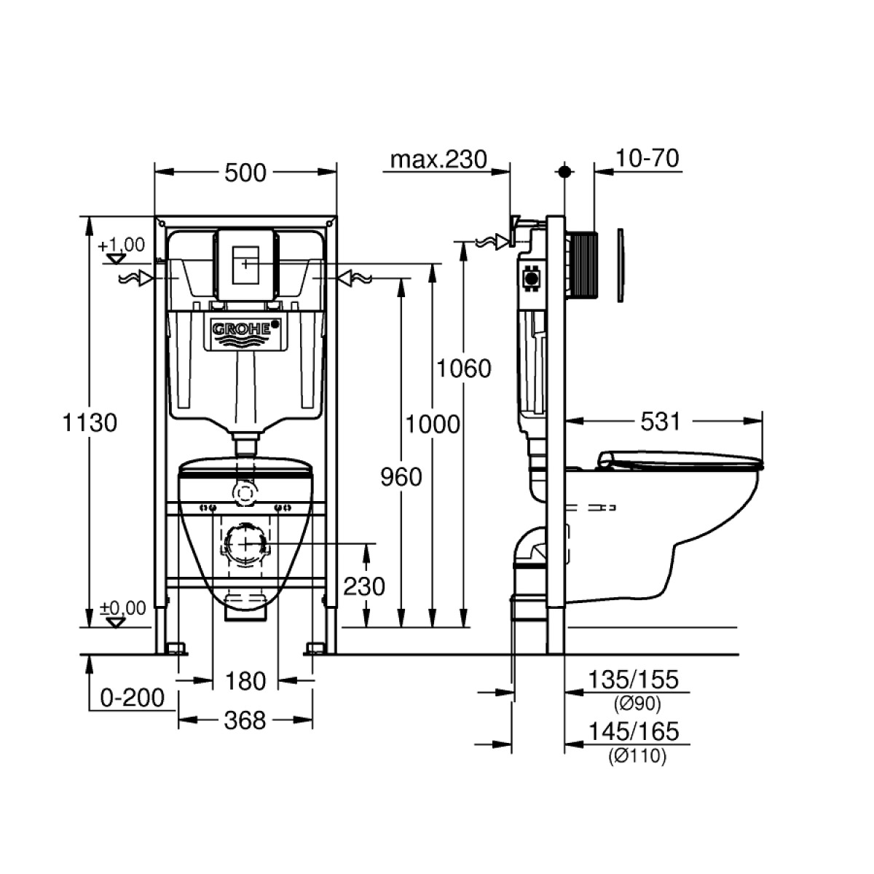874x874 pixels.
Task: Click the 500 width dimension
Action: pyautogui.click(x=245, y=173)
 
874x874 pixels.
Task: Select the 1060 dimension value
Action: pyautogui.click(x=463, y=369)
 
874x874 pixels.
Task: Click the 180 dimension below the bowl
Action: pyautogui.click(x=245, y=681)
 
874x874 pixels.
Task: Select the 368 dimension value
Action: pyautogui.click(x=245, y=720)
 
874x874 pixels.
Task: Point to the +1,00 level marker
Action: pyautogui.click(x=122, y=245)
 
